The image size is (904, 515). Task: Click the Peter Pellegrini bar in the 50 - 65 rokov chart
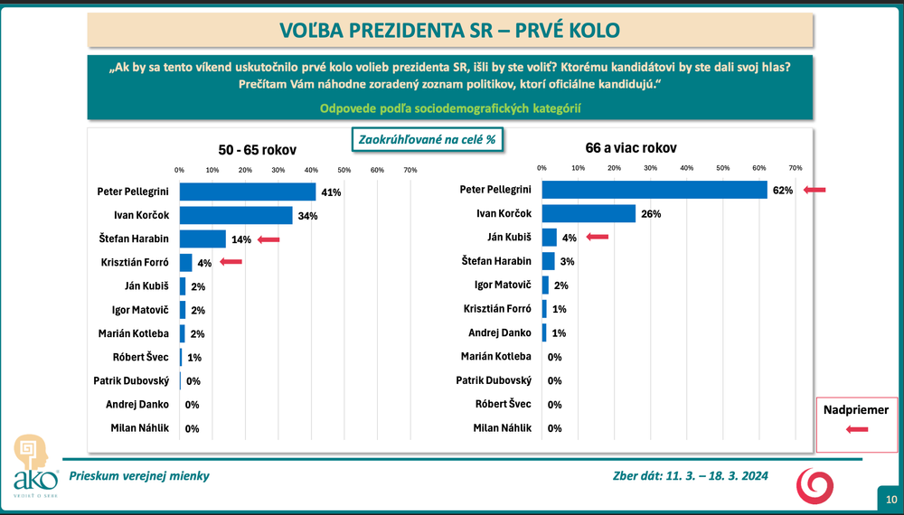(x=247, y=192)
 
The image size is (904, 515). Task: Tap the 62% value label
(x=783, y=190)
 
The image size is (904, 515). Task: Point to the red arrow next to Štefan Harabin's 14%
(x=268, y=239)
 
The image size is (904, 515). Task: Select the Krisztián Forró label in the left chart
(x=132, y=262)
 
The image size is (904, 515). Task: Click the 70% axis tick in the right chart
(x=796, y=168)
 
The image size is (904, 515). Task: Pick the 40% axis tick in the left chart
(x=311, y=170)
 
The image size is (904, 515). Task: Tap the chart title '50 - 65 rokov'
(x=258, y=149)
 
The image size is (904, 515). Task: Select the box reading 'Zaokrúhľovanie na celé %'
(x=426, y=141)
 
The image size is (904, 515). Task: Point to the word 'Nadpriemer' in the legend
(x=855, y=411)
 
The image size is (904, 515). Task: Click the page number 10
(x=890, y=499)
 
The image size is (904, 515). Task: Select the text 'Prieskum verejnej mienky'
(x=133, y=476)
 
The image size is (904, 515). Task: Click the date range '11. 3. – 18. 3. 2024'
(x=716, y=476)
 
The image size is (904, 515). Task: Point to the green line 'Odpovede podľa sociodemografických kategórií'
(x=449, y=108)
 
